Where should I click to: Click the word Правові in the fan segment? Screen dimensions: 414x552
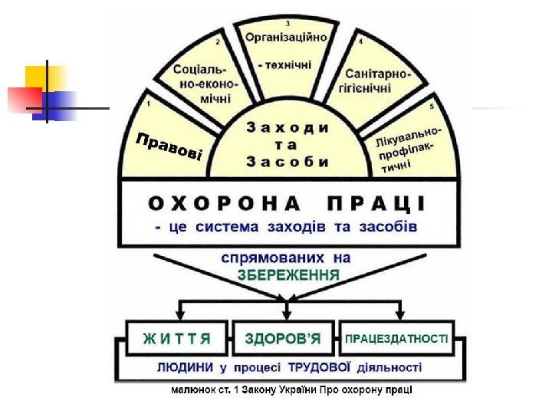click(169, 146)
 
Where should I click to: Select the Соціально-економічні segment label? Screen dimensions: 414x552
click(205, 83)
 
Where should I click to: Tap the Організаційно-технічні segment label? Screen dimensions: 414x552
click(286, 50)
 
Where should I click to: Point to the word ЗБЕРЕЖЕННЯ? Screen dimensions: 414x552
click(285, 274)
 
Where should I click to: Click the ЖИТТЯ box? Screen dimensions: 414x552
click(177, 337)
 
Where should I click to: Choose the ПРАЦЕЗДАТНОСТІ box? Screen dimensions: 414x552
click(396, 337)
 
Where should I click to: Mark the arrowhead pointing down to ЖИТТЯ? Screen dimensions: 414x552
click(179, 314)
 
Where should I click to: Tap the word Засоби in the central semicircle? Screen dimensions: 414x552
click(287, 162)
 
